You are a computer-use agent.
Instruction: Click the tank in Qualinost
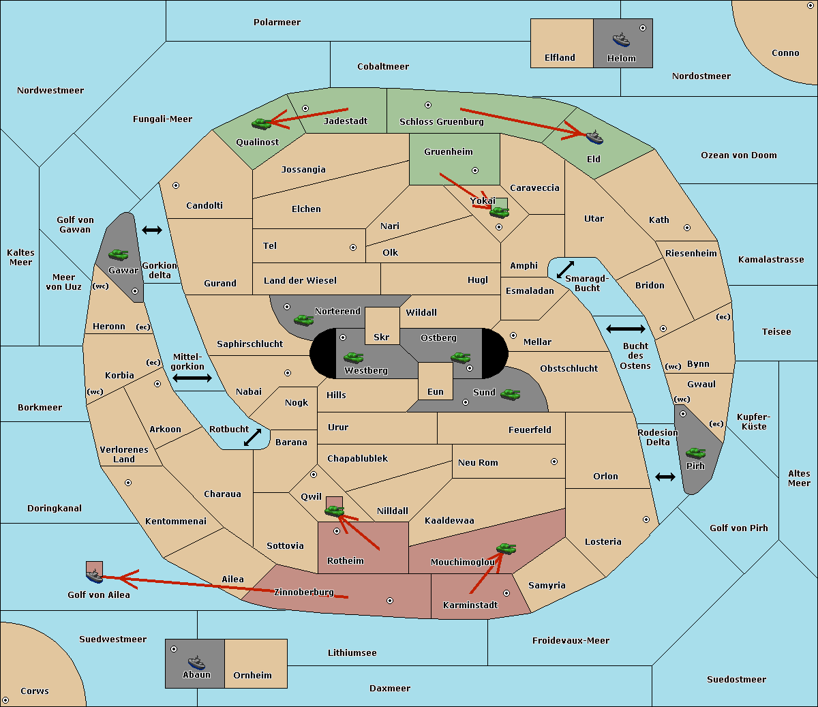pyautogui.click(x=261, y=124)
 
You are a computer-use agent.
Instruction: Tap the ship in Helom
pyautogui.click(x=621, y=40)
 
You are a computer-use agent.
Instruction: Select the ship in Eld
pyautogui.click(x=594, y=137)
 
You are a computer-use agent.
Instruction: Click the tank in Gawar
pyautogui.click(x=119, y=254)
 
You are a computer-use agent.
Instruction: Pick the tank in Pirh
pyautogui.click(x=695, y=453)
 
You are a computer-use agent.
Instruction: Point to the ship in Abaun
pyautogui.click(x=197, y=663)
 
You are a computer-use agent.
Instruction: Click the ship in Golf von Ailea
pyautogui.click(x=94, y=576)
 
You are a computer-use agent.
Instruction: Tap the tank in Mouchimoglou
pyautogui.click(x=506, y=549)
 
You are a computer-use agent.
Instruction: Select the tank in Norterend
pyautogui.click(x=303, y=320)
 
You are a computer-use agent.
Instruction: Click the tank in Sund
pyautogui.click(x=510, y=394)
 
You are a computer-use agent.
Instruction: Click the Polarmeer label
pyautogui.click(x=277, y=22)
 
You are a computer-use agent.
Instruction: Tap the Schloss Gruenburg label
pyautogui.click(x=442, y=121)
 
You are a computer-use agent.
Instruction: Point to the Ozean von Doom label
pyautogui.click(x=739, y=155)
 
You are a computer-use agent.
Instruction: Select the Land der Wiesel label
pyautogui.click(x=300, y=281)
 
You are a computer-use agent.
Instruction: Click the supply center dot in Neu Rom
pyautogui.click(x=554, y=462)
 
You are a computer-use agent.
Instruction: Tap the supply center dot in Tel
pyautogui.click(x=353, y=247)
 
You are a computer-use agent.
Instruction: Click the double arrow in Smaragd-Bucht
pyautogui.click(x=565, y=269)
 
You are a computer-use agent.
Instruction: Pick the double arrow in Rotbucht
pyautogui.click(x=252, y=438)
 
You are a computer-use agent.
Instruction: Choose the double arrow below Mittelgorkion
pyautogui.click(x=192, y=378)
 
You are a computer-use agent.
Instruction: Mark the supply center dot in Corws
pyautogui.click(x=5, y=700)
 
